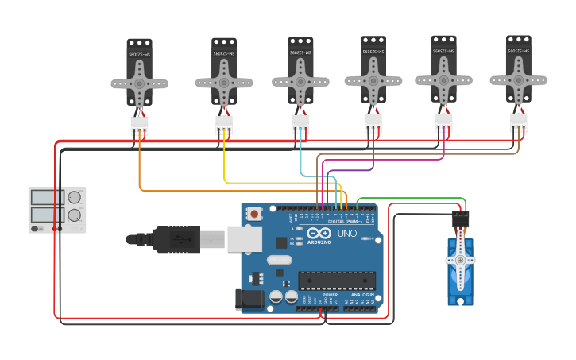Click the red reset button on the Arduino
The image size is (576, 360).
[254, 213]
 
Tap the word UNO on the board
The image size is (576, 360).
[347, 234]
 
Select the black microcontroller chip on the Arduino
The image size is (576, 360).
[337, 280]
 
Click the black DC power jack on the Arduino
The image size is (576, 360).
[249, 299]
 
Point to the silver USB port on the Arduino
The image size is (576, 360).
[244, 238]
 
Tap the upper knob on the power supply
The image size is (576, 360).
[74, 197]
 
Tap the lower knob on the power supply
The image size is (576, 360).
[74, 215]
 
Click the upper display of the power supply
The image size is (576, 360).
[47, 197]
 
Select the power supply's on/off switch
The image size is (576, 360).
[36, 229]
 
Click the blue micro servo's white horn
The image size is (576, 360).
[460, 260]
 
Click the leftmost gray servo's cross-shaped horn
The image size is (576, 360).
[139, 83]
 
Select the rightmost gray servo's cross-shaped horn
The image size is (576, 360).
[518, 79]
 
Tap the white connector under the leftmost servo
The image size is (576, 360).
[139, 126]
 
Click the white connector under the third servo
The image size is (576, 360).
[300, 123]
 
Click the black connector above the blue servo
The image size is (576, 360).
[460, 219]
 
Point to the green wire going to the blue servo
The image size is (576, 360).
[413, 199]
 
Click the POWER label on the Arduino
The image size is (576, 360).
[330, 294]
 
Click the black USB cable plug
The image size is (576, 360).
[171, 238]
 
